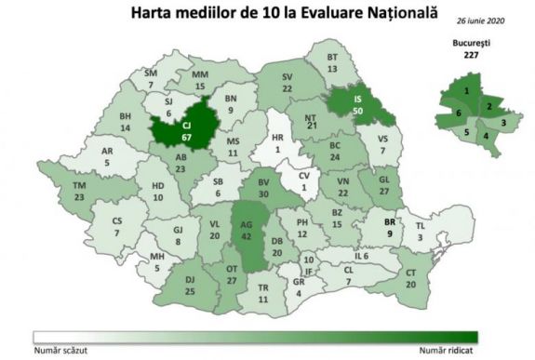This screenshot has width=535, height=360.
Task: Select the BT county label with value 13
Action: [331, 63]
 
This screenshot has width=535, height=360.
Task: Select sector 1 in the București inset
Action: [464, 90]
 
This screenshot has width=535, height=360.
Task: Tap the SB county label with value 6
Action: [216, 184]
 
